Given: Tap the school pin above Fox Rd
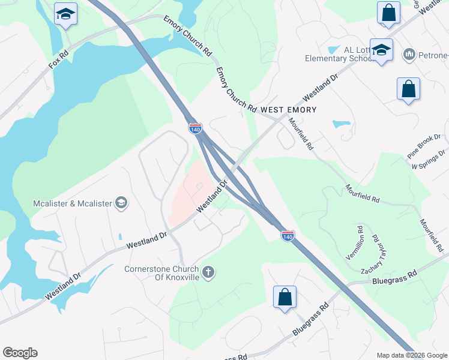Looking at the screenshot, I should click(x=65, y=14).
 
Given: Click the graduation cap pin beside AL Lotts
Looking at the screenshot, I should click(x=381, y=50).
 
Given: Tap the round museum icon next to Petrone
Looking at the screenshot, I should click(x=409, y=55).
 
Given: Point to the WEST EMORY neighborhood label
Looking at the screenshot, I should click(x=288, y=110).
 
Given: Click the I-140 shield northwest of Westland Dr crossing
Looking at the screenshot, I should click(x=195, y=128).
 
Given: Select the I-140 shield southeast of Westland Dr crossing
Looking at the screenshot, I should click(x=288, y=236).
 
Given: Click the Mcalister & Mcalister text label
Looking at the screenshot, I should click(x=73, y=203).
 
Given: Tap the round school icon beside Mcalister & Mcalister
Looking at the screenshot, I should click(x=121, y=203).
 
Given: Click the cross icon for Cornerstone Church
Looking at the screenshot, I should click(x=208, y=272).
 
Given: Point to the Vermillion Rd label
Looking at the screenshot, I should click(x=354, y=242).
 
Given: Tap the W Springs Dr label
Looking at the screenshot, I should click(x=430, y=159).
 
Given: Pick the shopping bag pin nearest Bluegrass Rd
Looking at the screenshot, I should click(x=285, y=298).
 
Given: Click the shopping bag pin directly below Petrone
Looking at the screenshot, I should click(x=408, y=89).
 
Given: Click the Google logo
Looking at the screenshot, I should click(x=20, y=353).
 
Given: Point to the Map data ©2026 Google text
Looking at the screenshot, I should click(x=411, y=355).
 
